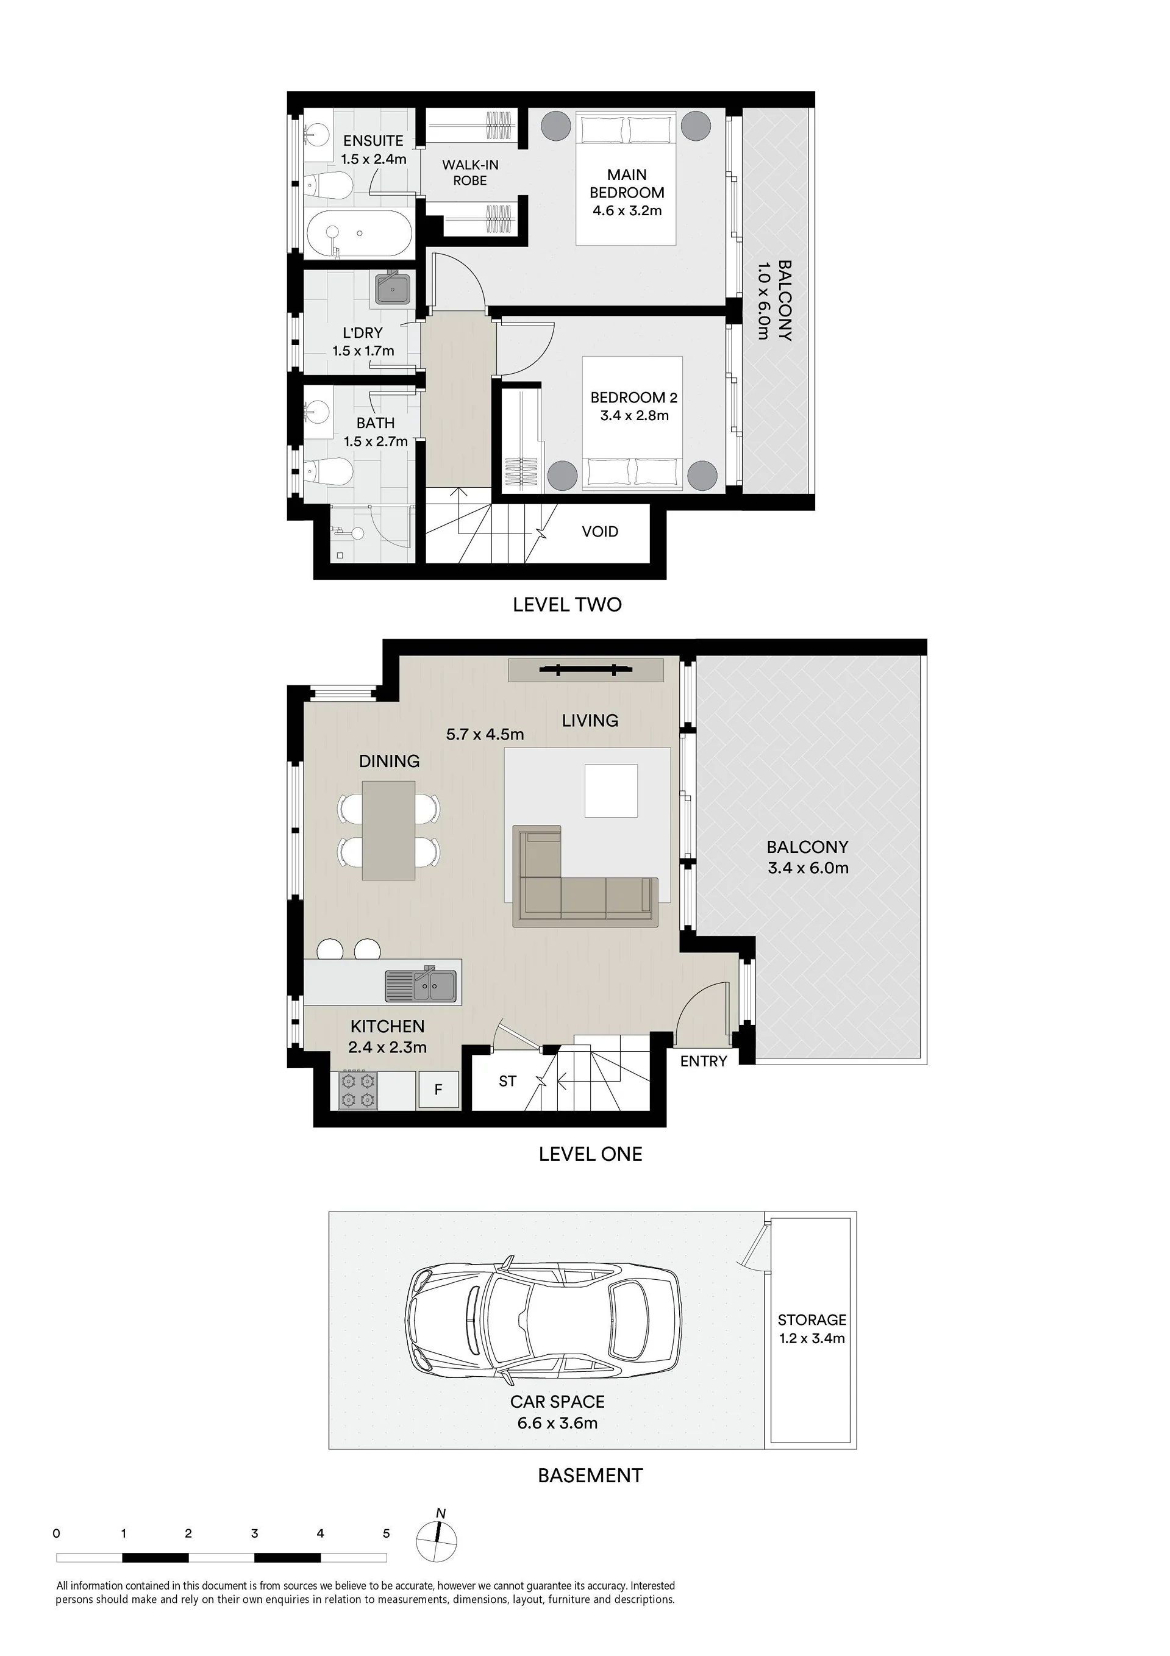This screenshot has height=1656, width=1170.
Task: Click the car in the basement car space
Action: pyautogui.click(x=543, y=1320)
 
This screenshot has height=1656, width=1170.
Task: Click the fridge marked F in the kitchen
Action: pyautogui.click(x=438, y=1090)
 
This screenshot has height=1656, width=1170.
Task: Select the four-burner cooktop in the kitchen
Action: pyautogui.click(x=358, y=1090)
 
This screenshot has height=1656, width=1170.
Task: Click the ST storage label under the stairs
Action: pyautogui.click(x=508, y=1081)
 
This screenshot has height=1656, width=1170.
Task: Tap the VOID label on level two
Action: pyautogui.click(x=600, y=532)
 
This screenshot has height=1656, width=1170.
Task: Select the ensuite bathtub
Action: pyautogui.click(x=359, y=234)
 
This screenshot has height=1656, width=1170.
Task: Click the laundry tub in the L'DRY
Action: pyautogui.click(x=393, y=289)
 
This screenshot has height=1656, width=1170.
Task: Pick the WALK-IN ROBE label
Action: pyautogui.click(x=470, y=173)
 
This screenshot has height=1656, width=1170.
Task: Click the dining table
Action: pyautogui.click(x=389, y=830)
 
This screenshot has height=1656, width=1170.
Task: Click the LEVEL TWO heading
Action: pyautogui.click(x=567, y=604)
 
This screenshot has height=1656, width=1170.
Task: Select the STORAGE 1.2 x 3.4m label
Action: pyautogui.click(x=812, y=1329)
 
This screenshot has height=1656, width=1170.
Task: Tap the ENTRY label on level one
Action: pyautogui.click(x=704, y=1061)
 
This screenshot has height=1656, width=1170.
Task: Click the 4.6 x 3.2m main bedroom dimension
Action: pyautogui.click(x=627, y=210)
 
